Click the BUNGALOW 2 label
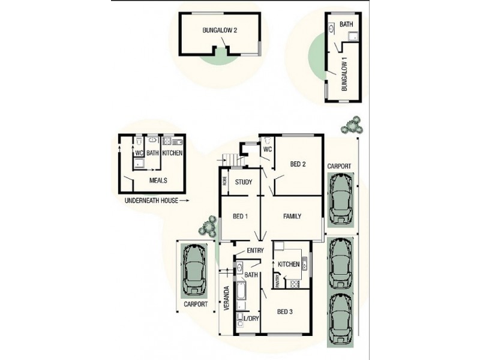218,31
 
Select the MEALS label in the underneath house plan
158,180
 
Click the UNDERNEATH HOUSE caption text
151,200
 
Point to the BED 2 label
299,164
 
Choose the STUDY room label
243,182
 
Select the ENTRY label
256,250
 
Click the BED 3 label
286,311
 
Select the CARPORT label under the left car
196,304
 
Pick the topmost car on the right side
340,199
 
